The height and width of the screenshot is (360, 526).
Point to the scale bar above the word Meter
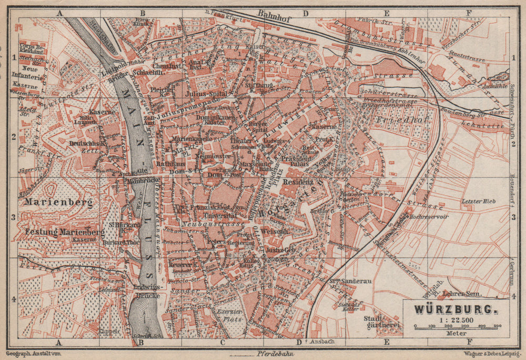(x=456, y=327)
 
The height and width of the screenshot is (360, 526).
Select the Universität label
(x=219, y=216)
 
